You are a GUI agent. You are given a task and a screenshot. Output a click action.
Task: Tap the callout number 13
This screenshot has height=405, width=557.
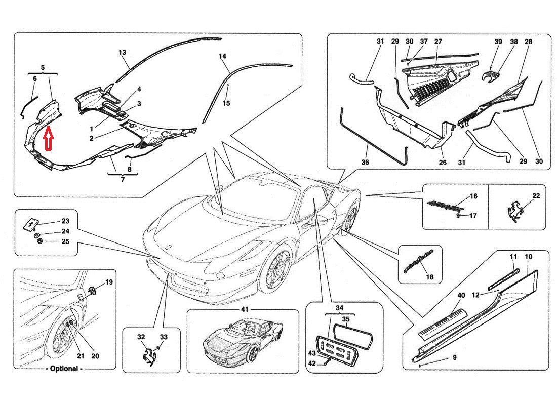(122, 52)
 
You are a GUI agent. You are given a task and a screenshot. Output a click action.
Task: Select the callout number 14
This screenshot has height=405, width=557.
(222, 56)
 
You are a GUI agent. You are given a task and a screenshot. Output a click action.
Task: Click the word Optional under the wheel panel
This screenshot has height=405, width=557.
(65, 369)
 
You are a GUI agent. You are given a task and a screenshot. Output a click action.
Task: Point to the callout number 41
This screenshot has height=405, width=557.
(245, 309)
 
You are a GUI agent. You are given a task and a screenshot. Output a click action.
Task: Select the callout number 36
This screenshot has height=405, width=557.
(365, 163)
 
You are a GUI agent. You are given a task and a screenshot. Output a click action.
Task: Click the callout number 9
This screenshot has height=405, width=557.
(454, 358)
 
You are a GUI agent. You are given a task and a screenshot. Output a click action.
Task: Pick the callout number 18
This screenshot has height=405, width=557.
(430, 277)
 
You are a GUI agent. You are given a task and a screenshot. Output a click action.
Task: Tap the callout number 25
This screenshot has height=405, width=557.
(65, 241)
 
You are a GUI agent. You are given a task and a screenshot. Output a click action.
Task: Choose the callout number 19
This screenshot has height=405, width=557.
(109, 282)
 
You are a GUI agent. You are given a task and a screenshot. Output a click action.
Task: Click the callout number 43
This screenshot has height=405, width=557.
(312, 353)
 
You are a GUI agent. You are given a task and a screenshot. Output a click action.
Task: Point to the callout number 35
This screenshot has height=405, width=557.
(346, 319)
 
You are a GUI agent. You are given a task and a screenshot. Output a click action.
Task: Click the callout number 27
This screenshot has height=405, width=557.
(438, 42)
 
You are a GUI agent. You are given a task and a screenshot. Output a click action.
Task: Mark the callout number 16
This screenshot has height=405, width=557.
(473, 196)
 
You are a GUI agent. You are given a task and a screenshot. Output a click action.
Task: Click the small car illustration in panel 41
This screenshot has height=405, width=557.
(242, 339)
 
